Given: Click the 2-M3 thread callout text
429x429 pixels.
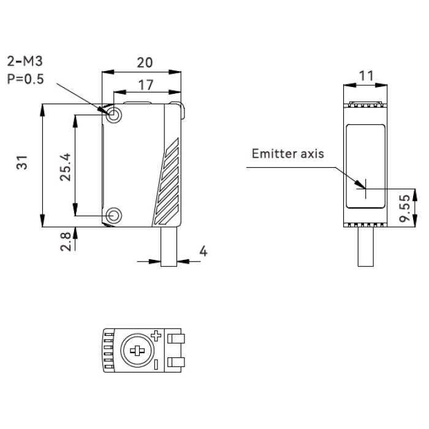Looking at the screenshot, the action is click(x=25, y=61).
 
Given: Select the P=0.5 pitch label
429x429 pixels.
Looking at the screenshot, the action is click(x=26, y=79).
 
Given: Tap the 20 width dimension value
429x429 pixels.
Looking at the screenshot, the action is click(x=145, y=63).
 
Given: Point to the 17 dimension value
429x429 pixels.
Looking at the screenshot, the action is click(x=146, y=85).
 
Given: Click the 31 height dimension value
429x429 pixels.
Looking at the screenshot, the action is click(x=22, y=162).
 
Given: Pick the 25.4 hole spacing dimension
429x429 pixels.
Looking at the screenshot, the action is click(x=65, y=167).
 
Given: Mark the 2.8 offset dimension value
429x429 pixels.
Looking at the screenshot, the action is click(x=66, y=242).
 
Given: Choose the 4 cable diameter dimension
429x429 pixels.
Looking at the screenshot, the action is click(x=203, y=251).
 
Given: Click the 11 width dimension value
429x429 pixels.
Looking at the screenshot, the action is click(x=366, y=76).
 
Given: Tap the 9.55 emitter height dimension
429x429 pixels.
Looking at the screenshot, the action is click(x=405, y=208).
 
